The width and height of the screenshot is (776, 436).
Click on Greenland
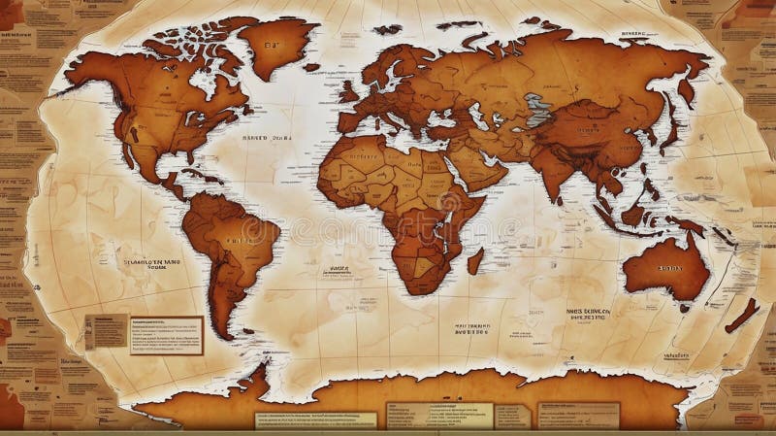click(276, 44)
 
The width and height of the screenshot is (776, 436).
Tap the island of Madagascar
click(475, 261)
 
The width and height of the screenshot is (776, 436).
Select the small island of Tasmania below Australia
click(685, 308)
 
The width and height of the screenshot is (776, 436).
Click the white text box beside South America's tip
click(167, 334)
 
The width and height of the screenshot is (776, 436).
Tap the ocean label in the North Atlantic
click(266, 138)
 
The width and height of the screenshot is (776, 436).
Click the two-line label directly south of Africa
click(471, 328)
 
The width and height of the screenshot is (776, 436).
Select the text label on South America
click(237, 239)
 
